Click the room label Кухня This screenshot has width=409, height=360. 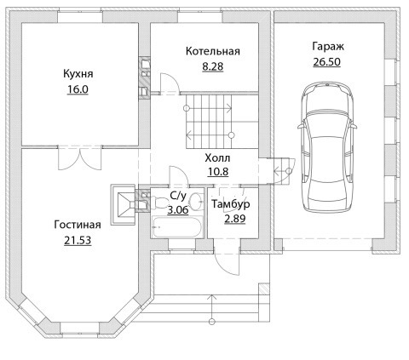coord(78,74)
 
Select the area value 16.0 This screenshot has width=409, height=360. coord(78,89)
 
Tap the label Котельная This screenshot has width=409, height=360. coord(213,51)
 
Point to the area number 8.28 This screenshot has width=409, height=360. coord(213,66)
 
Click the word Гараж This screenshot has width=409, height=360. coord(328,46)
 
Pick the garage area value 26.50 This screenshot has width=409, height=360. coord(326,61)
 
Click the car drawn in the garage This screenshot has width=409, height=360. coord(327,146)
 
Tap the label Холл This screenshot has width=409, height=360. coord(217,158)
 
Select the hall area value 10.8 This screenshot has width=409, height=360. coord(218,172)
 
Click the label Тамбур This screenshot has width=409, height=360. coord(231,204)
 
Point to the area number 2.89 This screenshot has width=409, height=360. coord(235,219)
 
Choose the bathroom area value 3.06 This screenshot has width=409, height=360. coord(178,210)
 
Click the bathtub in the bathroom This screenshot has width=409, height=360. coord(176,227)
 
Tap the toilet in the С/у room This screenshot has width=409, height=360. coord(161,203)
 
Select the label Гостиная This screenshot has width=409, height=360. coord(78,225)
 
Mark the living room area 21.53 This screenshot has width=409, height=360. coord(78,241)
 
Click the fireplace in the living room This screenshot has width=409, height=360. coord(123,205)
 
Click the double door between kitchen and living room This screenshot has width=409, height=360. coord(80,158)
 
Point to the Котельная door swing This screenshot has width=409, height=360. coord(170,83)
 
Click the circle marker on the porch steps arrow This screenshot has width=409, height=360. coord(211,322)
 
